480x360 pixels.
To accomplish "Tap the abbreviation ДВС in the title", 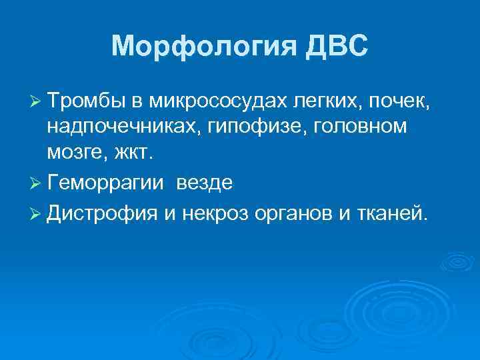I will [x=334, y=47].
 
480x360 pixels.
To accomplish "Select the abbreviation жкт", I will [x=134, y=153].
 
